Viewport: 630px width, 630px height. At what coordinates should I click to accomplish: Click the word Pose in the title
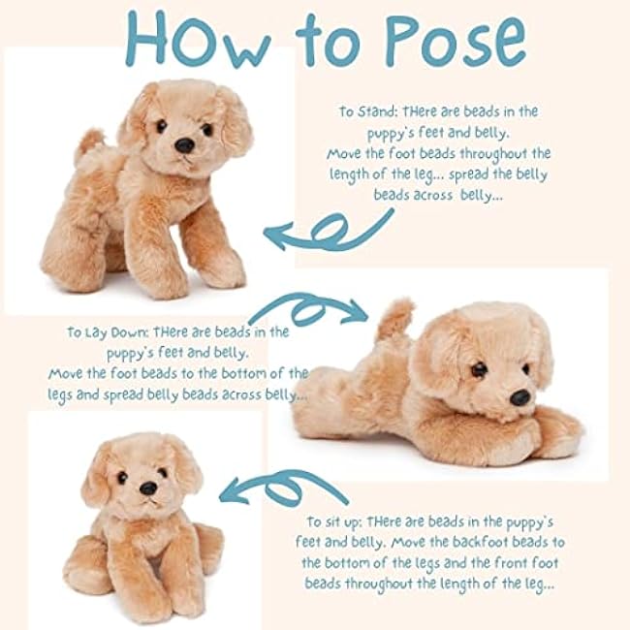point(457,41)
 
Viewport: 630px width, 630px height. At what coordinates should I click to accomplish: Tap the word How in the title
point(199,40)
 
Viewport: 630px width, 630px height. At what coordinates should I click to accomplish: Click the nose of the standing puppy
point(184,145)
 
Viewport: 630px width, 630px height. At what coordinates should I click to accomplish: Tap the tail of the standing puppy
point(90,143)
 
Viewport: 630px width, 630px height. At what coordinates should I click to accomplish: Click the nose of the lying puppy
point(520,397)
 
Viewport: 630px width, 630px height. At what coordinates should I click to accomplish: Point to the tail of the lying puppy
point(394,320)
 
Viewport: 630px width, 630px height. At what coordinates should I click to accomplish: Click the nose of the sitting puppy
point(148,488)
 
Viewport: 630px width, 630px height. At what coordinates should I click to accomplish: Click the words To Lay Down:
point(108,332)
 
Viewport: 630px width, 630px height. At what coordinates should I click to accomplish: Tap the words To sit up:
point(335,521)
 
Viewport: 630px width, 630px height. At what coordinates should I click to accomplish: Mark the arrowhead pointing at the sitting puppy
point(233,491)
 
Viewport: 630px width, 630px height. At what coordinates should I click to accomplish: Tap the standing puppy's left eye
point(207,130)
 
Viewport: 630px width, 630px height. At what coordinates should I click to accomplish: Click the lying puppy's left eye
point(526,368)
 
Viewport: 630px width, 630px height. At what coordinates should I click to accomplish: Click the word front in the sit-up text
point(510,563)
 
